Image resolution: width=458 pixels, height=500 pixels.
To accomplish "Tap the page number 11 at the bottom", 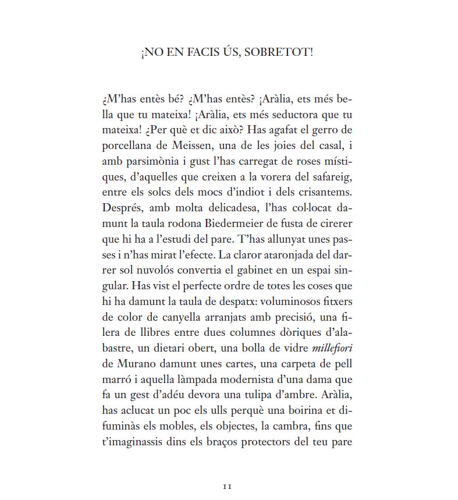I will [x=228, y=485].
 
